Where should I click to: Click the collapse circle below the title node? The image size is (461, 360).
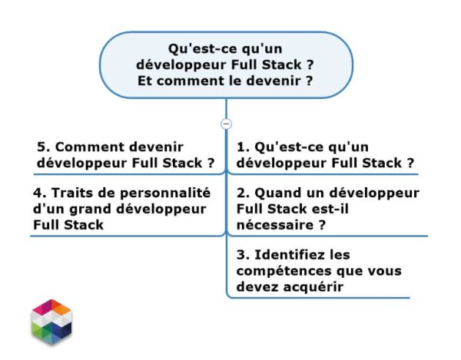tap(226, 123)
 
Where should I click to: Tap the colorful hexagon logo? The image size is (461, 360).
tap(51, 321)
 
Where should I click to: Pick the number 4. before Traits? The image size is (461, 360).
tap(41, 193)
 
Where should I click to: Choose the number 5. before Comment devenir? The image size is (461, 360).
tap(43, 147)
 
